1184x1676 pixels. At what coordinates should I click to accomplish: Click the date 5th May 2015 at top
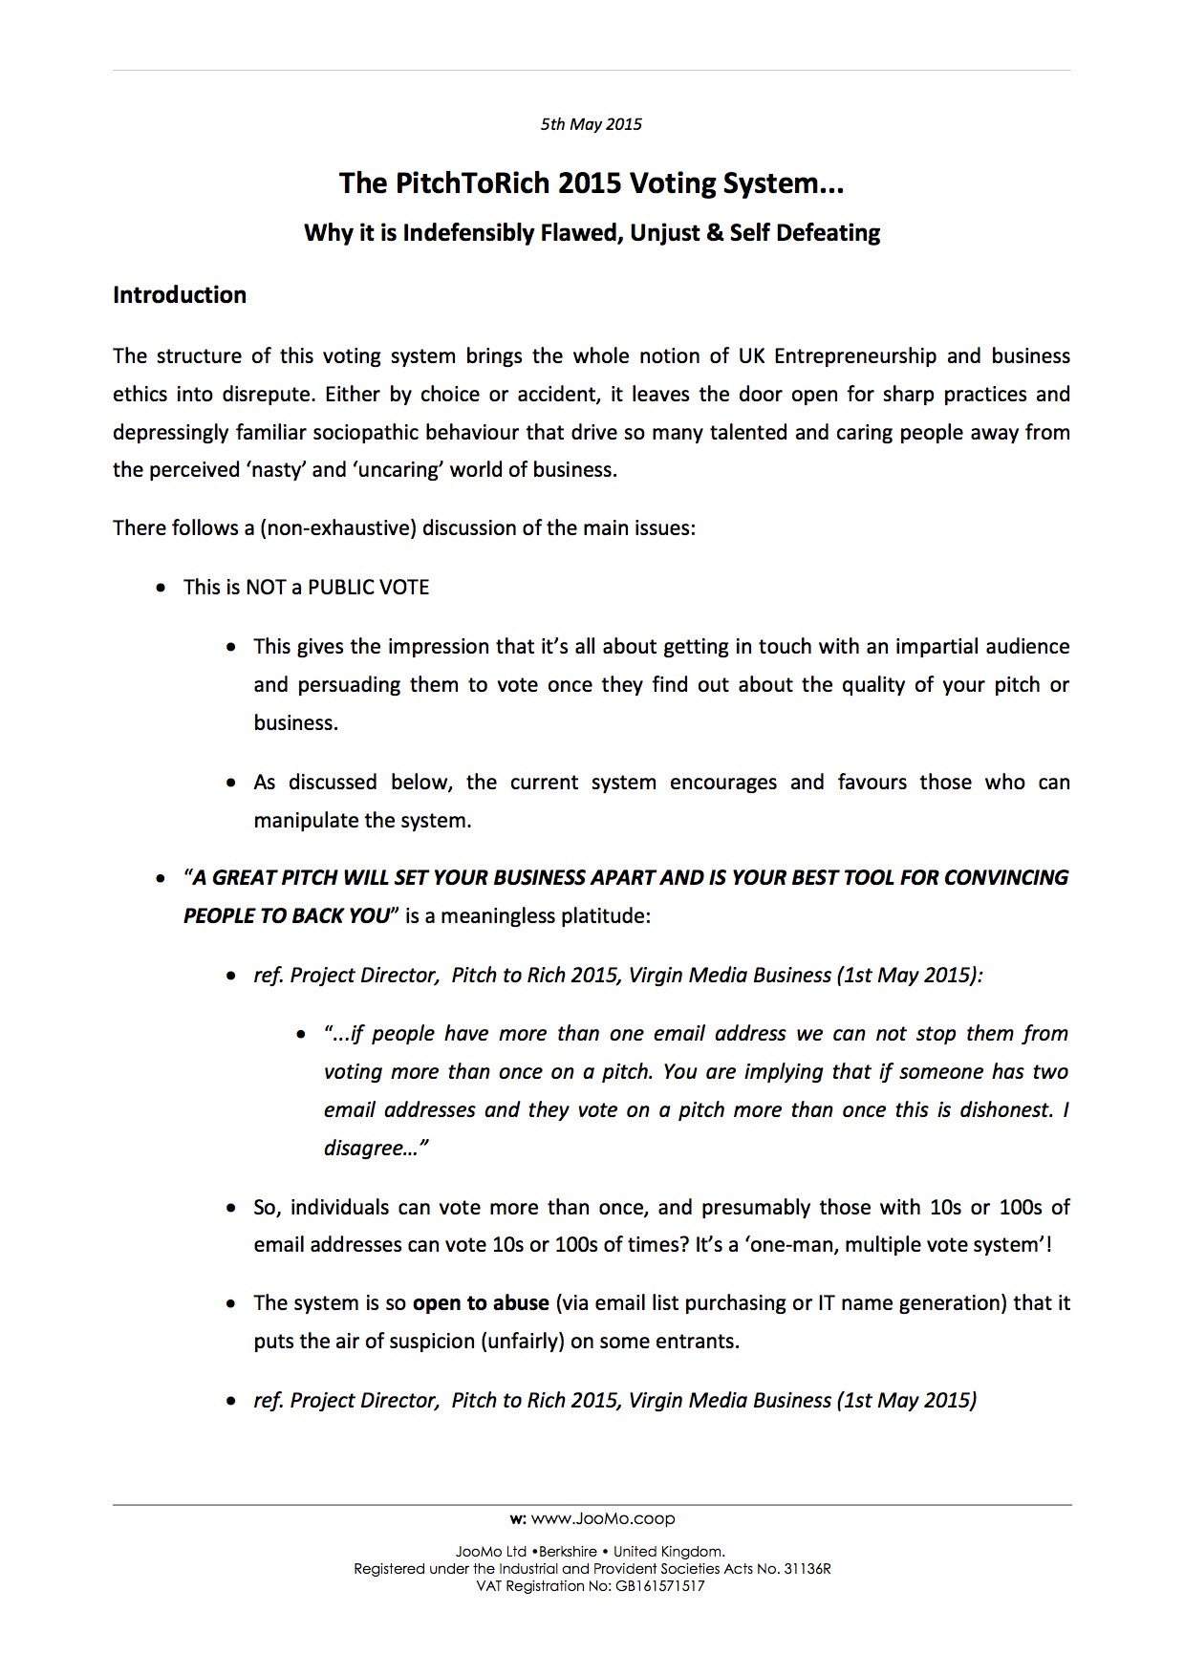pyautogui.click(x=591, y=124)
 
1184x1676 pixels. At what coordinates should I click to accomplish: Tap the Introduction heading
pyautogui.click(x=180, y=295)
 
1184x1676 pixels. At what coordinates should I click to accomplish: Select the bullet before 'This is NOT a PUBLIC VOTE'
pyautogui.click(x=161, y=588)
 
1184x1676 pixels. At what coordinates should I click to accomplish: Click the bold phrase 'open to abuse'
pyautogui.click(x=481, y=1303)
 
